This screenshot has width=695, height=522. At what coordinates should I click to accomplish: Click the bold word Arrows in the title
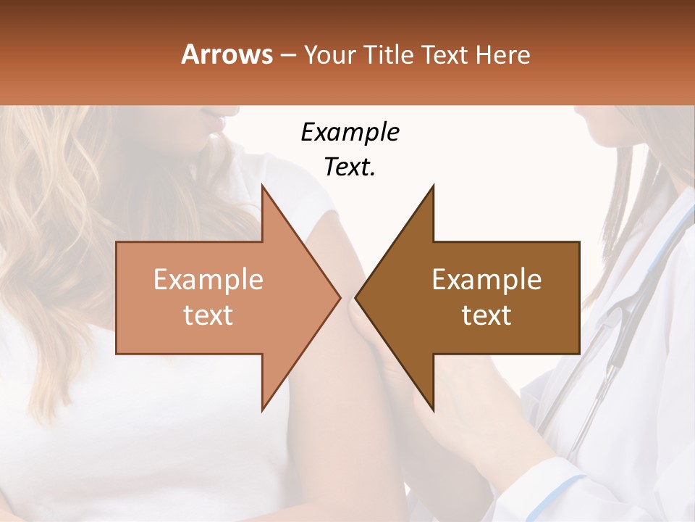click(x=227, y=54)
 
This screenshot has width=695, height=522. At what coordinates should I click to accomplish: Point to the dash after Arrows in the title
click(x=288, y=56)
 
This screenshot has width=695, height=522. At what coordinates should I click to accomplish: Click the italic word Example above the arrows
click(x=350, y=133)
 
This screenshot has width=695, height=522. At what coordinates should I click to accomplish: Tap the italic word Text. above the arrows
click(x=350, y=167)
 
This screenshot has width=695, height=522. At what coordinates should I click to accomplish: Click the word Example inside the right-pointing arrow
click(x=208, y=280)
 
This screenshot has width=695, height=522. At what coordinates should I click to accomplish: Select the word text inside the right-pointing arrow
click(x=208, y=315)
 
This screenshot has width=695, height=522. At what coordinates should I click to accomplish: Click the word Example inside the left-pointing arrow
click(x=486, y=280)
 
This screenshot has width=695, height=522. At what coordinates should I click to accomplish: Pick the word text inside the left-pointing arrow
click(x=486, y=315)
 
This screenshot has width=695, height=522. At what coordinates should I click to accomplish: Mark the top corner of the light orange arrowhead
click(x=263, y=186)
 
